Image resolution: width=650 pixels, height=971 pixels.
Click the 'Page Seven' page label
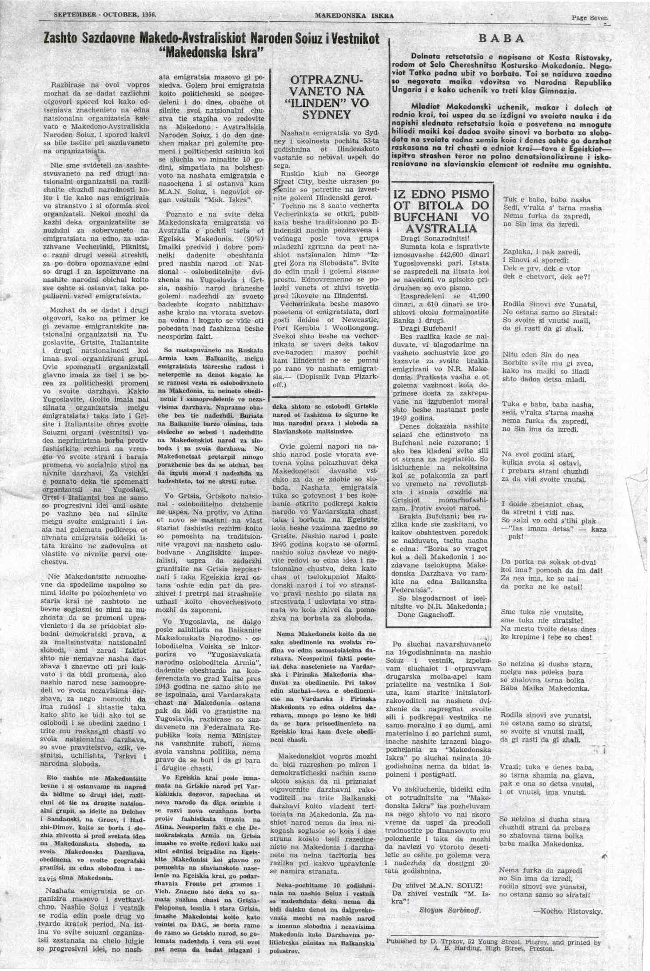coord(589,18)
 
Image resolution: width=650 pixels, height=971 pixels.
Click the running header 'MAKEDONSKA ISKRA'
coord(354,16)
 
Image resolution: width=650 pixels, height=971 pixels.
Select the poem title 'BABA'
coord(501,39)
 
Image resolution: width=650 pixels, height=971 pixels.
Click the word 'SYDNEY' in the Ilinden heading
coord(326,115)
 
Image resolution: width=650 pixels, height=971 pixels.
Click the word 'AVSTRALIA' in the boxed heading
coord(441,229)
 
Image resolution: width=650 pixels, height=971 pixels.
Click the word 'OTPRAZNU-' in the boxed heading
coord(327,80)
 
